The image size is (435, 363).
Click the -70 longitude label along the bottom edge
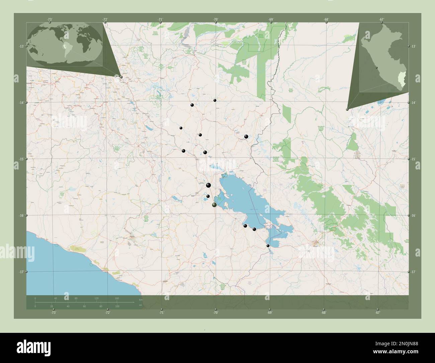pos(215,312)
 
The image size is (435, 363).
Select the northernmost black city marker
pos(215,100)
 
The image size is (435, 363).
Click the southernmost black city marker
pos(268,246)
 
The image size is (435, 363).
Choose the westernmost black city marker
pos(181,128)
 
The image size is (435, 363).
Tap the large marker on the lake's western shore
pos(214,205)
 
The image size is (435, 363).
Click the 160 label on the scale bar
pos(117,298)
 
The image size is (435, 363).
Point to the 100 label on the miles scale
pos(117,306)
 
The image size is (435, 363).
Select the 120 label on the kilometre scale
pos(96,298)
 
